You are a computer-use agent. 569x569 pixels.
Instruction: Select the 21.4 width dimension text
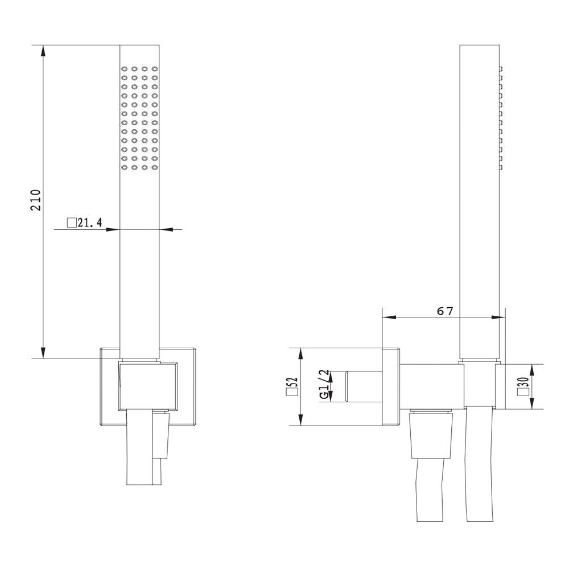(89, 223)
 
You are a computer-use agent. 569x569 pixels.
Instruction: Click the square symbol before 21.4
(72, 222)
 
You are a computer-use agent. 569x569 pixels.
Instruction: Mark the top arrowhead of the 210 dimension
(43, 51)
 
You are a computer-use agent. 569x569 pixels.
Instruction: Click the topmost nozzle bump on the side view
(502, 68)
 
